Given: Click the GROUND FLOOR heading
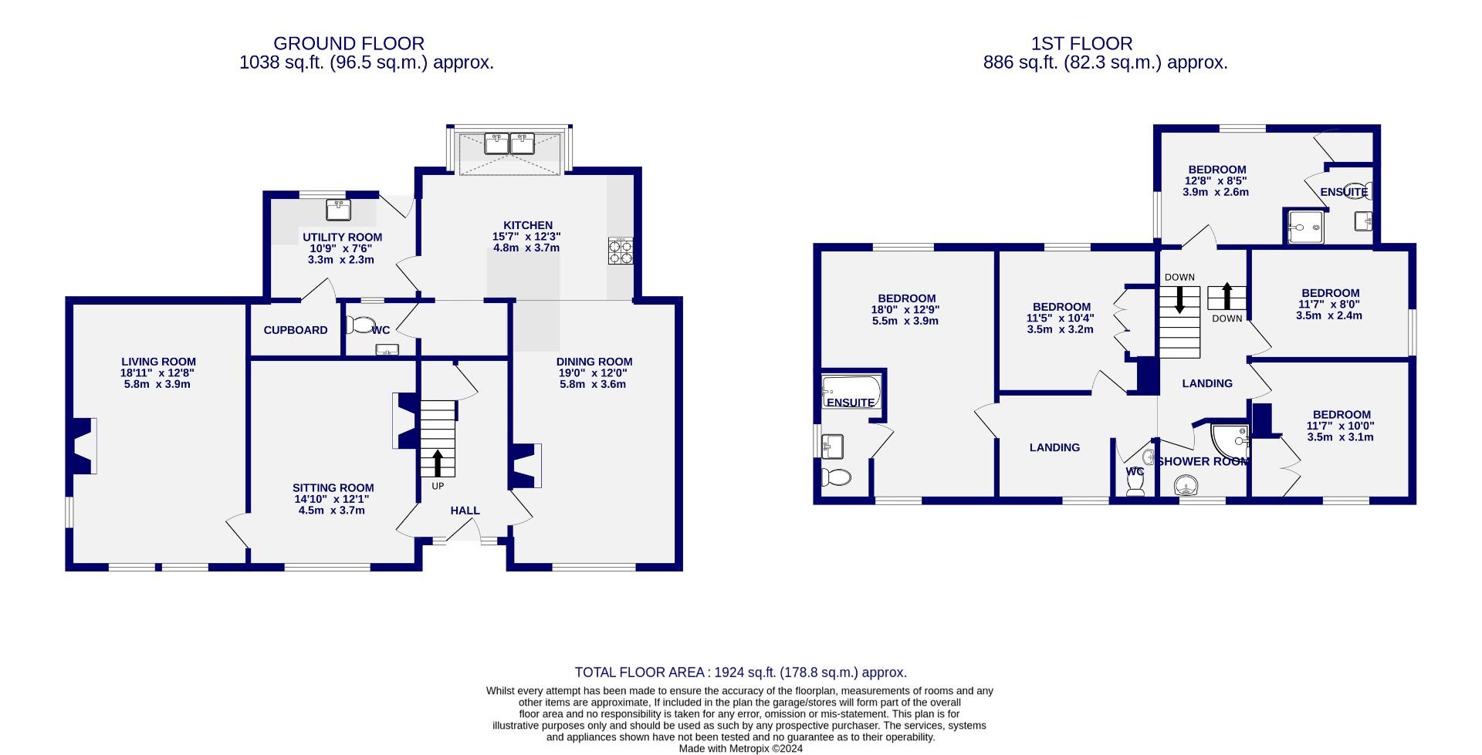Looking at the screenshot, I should [348, 44].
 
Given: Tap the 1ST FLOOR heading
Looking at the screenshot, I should [1082, 44].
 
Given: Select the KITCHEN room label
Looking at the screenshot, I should [528, 225].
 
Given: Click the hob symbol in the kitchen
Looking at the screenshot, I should [621, 251].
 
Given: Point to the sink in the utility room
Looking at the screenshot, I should [338, 209].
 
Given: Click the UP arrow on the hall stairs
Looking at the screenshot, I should [438, 463].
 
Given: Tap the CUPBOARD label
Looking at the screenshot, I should [296, 330].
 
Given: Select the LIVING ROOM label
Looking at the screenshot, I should [158, 362].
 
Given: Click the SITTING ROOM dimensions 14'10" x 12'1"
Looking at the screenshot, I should [333, 499].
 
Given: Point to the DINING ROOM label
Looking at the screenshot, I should [594, 362].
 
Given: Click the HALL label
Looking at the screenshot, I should [465, 511].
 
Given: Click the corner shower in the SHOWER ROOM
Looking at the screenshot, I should [1232, 440].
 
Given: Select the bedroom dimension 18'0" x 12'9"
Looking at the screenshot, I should [907, 310].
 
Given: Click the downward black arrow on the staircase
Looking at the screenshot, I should [1179, 299].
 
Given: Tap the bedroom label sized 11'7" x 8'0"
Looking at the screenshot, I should [1330, 293].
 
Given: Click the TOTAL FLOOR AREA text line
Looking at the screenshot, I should [740, 672].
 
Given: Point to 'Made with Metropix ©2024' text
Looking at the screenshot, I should [740, 748].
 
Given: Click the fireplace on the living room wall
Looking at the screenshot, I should [80, 446].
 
